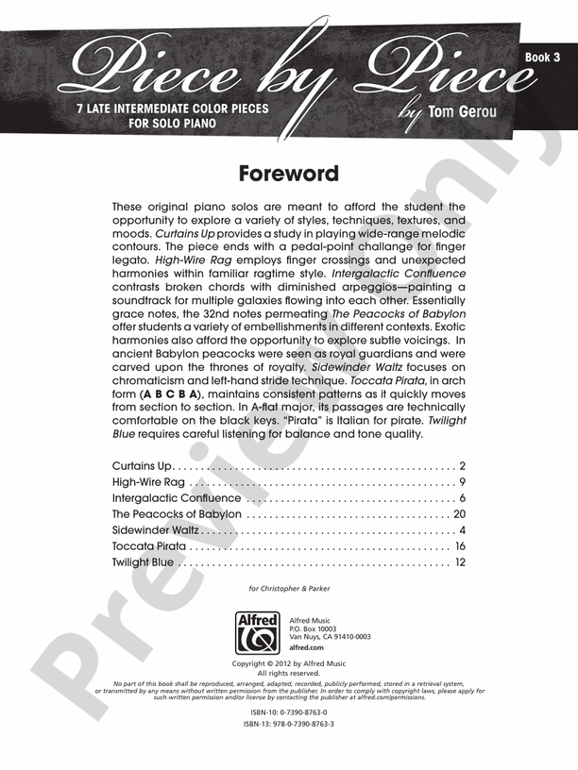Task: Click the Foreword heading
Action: [288, 175]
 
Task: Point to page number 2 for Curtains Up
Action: [463, 466]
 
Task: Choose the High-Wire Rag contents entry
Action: [143, 482]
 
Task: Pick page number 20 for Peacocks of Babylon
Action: [460, 514]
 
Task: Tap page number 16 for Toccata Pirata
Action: [460, 546]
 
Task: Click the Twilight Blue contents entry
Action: [143, 562]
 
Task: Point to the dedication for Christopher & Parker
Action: [289, 589]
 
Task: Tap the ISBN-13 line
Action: [289, 724]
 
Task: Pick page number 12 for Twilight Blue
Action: [460, 562]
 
